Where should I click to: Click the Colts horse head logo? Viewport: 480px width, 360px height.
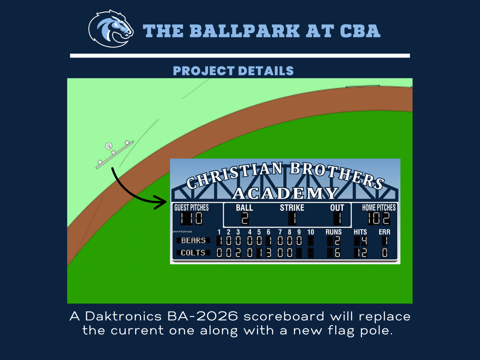[111, 29]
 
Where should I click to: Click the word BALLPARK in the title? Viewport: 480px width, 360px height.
[245, 31]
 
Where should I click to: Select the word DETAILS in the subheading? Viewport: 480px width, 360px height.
[266, 71]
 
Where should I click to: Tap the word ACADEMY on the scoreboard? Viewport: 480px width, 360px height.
[285, 194]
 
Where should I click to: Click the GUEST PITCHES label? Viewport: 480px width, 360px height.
[191, 208]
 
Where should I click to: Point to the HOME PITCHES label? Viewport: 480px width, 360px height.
[379, 208]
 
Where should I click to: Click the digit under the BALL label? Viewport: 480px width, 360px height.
[245, 218]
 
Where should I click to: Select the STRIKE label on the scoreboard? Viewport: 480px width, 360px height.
[292, 208]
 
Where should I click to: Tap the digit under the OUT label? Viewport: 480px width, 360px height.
[338, 218]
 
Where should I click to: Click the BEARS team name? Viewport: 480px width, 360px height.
[193, 240]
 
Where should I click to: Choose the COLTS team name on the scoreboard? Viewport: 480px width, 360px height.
[193, 253]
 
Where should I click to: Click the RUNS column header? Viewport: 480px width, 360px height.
[334, 232]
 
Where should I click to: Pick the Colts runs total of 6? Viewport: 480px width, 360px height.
[338, 253]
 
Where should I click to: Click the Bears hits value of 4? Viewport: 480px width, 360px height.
[364, 241]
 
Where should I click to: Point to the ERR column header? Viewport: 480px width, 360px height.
[384, 232]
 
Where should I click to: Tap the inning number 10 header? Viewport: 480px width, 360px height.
[310, 232]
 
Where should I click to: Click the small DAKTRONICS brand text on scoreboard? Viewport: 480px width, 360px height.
[182, 232]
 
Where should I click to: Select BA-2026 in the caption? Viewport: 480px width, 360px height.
[202, 316]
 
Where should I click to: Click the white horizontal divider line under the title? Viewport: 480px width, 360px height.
[240, 56]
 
